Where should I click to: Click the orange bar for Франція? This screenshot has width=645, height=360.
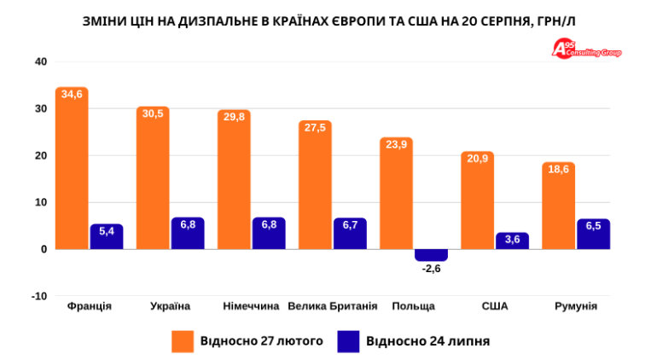(72, 168)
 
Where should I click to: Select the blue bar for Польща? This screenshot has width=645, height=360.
(431, 255)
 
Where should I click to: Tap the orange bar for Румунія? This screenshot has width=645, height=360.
(558, 206)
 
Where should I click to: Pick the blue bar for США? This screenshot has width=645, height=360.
(512, 241)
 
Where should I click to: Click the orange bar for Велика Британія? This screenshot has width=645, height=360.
(315, 185)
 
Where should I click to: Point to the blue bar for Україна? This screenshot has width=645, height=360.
(188, 233)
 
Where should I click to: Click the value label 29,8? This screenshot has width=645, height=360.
(234, 117)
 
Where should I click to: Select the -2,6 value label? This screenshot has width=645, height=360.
(431, 269)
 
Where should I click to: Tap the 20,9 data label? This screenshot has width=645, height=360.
(477, 159)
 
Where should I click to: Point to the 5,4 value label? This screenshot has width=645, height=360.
(107, 231)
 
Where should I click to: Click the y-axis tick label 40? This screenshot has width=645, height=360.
(41, 61)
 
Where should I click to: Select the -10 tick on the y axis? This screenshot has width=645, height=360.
(39, 296)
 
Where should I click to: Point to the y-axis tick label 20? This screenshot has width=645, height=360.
(41, 155)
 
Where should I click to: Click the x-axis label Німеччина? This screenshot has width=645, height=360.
(251, 306)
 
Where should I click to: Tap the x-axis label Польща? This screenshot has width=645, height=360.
(414, 306)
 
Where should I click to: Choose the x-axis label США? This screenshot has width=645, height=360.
(495, 306)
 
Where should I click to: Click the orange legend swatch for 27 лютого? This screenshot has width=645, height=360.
(183, 341)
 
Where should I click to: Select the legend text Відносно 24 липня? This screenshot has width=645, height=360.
(427, 341)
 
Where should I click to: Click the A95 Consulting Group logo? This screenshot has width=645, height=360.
(586, 49)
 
